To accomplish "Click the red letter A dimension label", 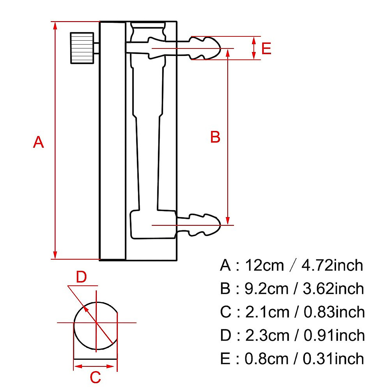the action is [x=38, y=142].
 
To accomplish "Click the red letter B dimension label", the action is [x=215, y=137].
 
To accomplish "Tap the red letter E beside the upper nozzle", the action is [x=266, y=48].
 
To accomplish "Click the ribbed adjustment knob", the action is [x=82, y=48].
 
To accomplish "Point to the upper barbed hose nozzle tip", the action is [x=220, y=48].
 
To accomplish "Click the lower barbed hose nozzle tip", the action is [x=220, y=225].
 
